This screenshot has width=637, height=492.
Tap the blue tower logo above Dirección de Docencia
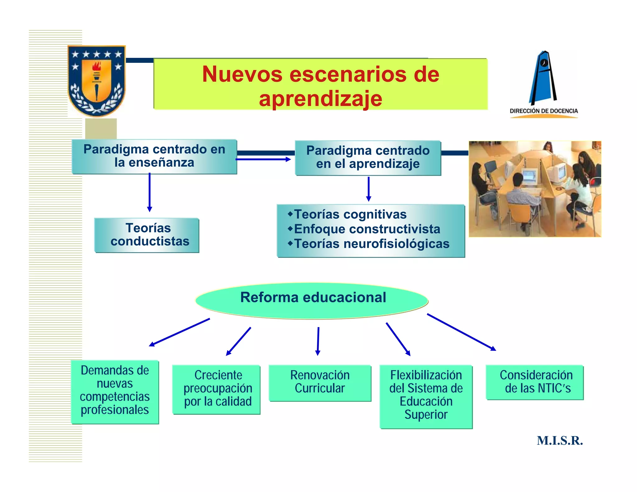(543, 78)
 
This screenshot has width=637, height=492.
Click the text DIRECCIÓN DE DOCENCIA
(544, 111)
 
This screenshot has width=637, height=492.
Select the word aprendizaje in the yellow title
(320, 99)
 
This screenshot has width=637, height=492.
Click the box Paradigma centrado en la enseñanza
(154, 156)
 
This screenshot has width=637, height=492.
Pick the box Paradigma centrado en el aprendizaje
(368, 157)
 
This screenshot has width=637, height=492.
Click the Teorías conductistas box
(147, 235)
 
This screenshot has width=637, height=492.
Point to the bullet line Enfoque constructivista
(367, 229)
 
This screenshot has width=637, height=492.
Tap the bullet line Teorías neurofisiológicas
(372, 244)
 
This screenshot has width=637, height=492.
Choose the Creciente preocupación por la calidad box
(217, 389)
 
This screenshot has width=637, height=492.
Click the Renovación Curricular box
(320, 383)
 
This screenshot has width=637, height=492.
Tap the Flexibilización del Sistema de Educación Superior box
(426, 396)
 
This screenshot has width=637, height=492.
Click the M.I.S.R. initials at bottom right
(560, 441)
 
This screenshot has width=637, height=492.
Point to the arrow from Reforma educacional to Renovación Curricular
(318, 341)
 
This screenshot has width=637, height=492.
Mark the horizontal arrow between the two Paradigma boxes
(263, 159)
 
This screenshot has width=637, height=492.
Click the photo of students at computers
(535, 189)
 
